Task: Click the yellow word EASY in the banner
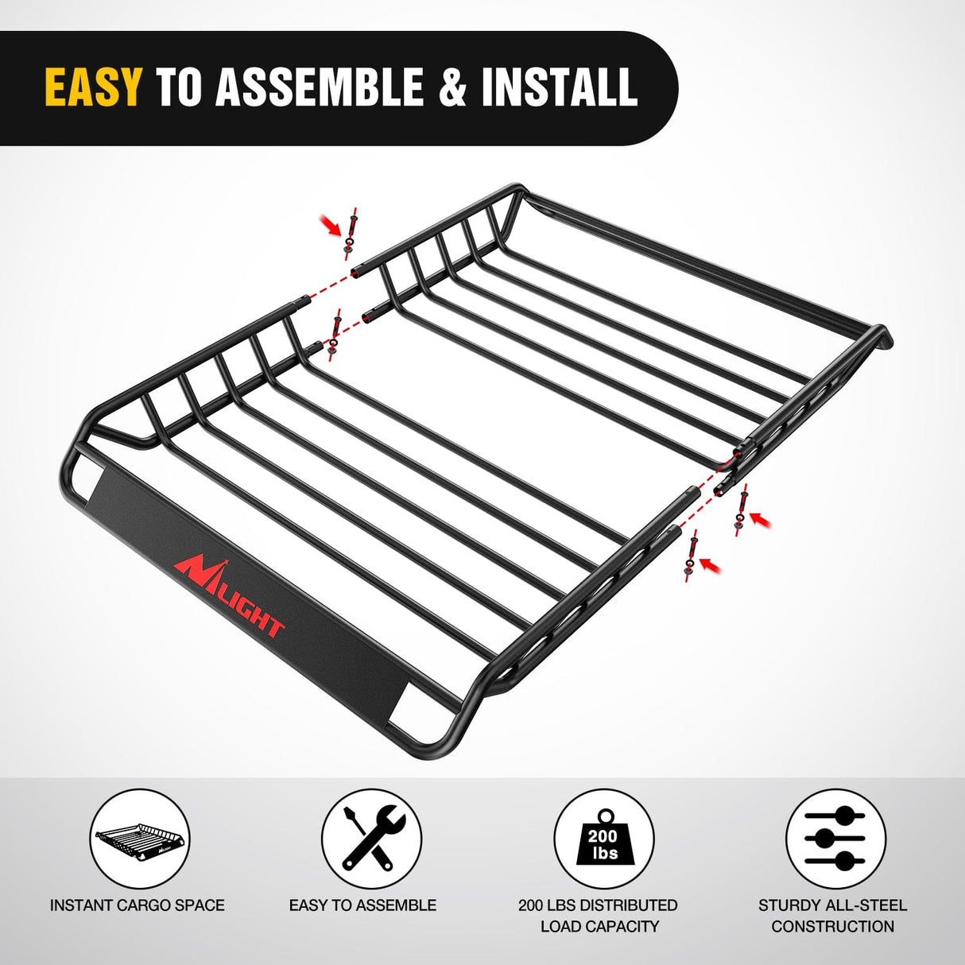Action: point(93,87)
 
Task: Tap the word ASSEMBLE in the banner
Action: point(320,87)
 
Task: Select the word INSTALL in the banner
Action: point(559,87)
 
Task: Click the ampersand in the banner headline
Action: point(452,87)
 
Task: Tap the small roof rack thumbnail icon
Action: point(140,839)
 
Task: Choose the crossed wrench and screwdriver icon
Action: point(372,839)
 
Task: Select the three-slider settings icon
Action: point(835,839)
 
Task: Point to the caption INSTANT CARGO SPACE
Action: point(138,905)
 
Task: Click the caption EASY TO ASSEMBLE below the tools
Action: point(362,905)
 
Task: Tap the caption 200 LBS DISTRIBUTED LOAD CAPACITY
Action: point(598,915)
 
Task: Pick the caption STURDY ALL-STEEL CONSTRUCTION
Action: point(832,915)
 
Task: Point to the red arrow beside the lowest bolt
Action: point(710,565)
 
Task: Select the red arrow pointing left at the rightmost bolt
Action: point(761,518)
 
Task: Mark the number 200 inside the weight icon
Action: point(603,836)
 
